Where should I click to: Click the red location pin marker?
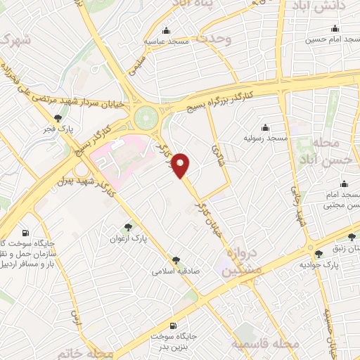pos(183,165)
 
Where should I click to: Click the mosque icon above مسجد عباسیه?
pos(166,30)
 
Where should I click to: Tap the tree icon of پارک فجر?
pos(57,118)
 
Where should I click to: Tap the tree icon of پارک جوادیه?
pos(319,253)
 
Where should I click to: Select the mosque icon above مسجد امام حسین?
pos(334,29)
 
